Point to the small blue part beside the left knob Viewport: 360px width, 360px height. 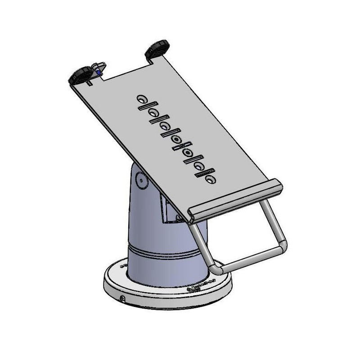[99, 72]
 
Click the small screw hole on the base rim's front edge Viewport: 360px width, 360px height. [123, 299]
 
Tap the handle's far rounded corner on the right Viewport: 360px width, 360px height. [282, 245]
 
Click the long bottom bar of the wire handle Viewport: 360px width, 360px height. [250, 257]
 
